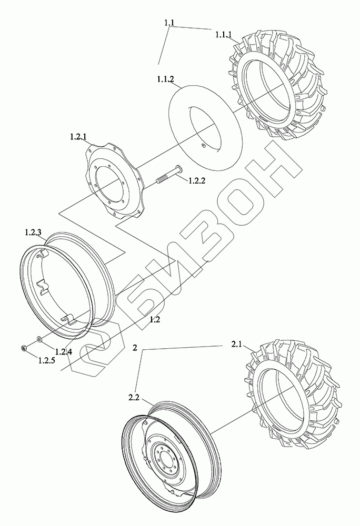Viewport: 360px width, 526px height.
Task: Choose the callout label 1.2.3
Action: tap(35, 232)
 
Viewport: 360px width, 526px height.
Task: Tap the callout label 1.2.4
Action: tap(63, 352)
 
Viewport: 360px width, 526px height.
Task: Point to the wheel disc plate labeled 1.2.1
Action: tap(100, 163)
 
